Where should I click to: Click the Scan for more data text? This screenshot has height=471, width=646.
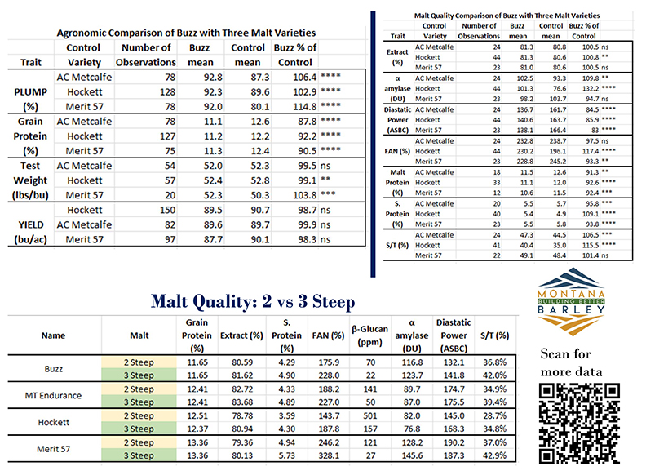[x=581, y=362]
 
